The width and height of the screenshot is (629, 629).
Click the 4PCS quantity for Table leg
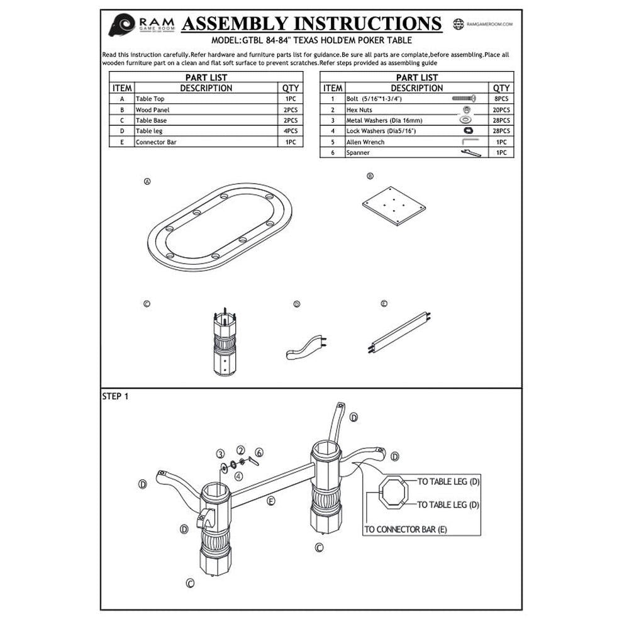290,131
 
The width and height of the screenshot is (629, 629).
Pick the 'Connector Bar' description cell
156,142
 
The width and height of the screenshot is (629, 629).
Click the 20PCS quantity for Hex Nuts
501,109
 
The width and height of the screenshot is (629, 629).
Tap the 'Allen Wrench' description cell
365,142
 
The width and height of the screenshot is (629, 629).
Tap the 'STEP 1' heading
115,397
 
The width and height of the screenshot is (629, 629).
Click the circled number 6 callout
259,452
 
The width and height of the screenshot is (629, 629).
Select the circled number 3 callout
220,454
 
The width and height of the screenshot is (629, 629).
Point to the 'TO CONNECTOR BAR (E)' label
406,529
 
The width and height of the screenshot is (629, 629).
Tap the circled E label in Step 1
271,501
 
